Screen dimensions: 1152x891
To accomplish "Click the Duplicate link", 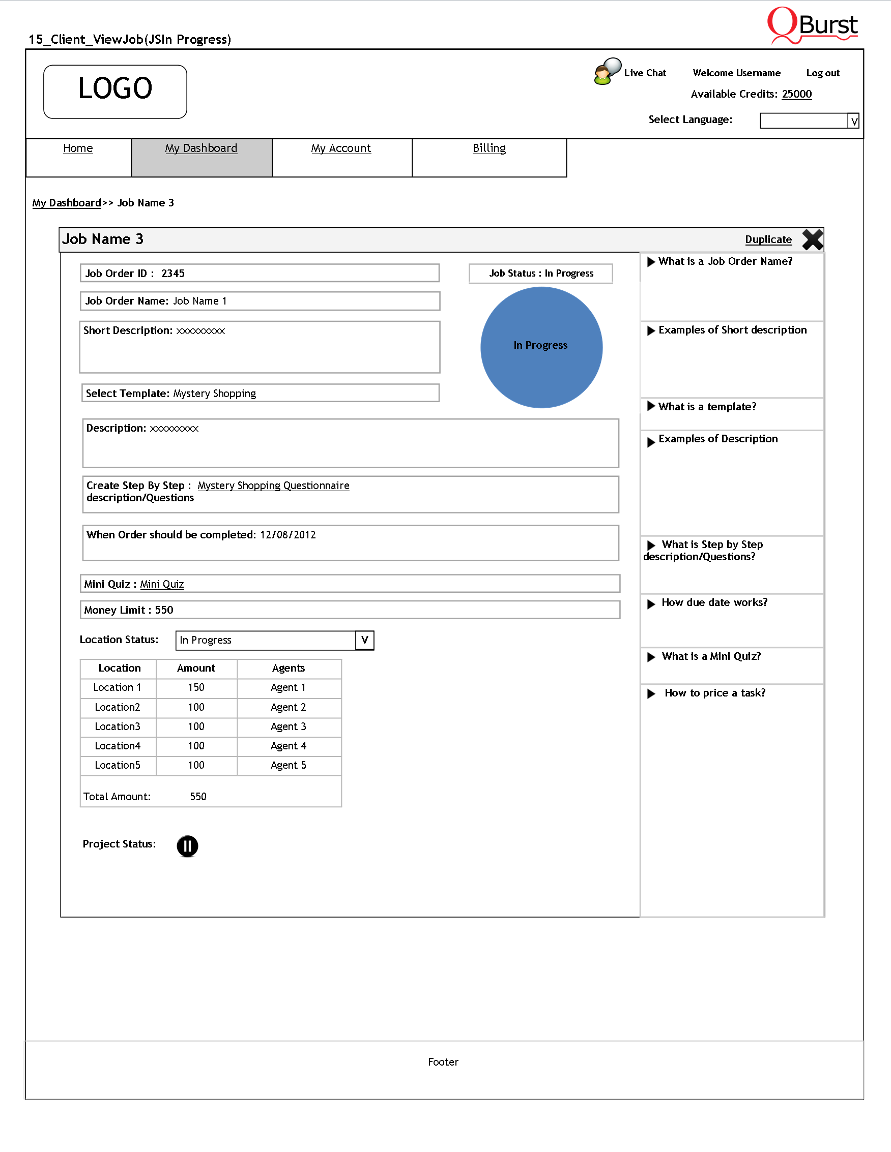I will [x=768, y=239].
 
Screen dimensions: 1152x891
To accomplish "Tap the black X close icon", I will [x=812, y=239].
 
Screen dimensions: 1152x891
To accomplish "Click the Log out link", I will [x=822, y=73].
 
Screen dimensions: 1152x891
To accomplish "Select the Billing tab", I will [x=489, y=148].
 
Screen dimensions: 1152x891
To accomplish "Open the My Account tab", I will [x=341, y=148].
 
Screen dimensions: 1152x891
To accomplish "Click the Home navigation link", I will [x=77, y=148].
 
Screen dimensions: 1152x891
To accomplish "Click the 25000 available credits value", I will [x=796, y=94].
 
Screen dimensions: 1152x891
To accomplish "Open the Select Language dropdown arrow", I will [x=853, y=121].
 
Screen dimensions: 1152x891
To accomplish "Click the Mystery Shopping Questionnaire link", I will [x=273, y=486].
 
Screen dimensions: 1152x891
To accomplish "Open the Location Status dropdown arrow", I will [x=364, y=640].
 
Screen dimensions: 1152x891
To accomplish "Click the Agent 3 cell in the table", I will [x=288, y=726].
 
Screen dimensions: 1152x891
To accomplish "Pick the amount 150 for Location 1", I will [x=196, y=687].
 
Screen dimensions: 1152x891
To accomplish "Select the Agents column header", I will [x=288, y=668].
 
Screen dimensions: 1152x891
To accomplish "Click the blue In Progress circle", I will [x=541, y=347].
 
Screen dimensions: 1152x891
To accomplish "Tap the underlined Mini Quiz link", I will [x=162, y=584].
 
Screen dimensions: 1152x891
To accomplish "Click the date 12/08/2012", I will [x=288, y=535].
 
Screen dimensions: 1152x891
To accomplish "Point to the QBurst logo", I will [x=812, y=25].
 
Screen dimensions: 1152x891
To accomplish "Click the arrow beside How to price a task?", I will [x=651, y=693].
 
